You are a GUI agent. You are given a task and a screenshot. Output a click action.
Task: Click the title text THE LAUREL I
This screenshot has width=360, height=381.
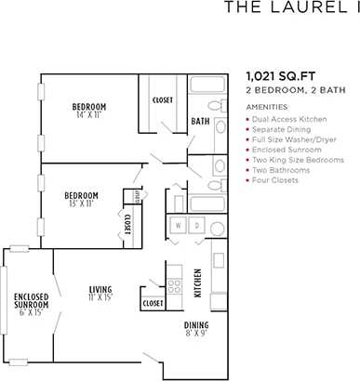[290, 9]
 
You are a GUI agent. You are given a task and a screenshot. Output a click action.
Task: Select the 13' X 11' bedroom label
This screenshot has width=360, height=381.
[81, 200]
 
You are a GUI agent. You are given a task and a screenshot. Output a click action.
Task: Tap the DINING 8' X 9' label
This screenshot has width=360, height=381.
[196, 328]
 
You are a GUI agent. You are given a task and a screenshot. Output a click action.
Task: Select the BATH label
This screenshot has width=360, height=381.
[200, 122]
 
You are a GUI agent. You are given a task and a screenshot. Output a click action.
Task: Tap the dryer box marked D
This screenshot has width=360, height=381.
[196, 226]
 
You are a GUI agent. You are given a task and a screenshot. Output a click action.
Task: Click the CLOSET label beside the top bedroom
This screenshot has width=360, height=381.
[162, 100]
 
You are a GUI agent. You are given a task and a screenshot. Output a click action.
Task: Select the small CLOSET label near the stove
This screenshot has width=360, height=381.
[153, 303]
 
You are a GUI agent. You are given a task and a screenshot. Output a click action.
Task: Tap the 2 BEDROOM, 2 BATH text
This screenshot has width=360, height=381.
[288, 92]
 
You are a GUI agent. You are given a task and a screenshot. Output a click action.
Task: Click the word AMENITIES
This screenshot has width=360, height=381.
[266, 108]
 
